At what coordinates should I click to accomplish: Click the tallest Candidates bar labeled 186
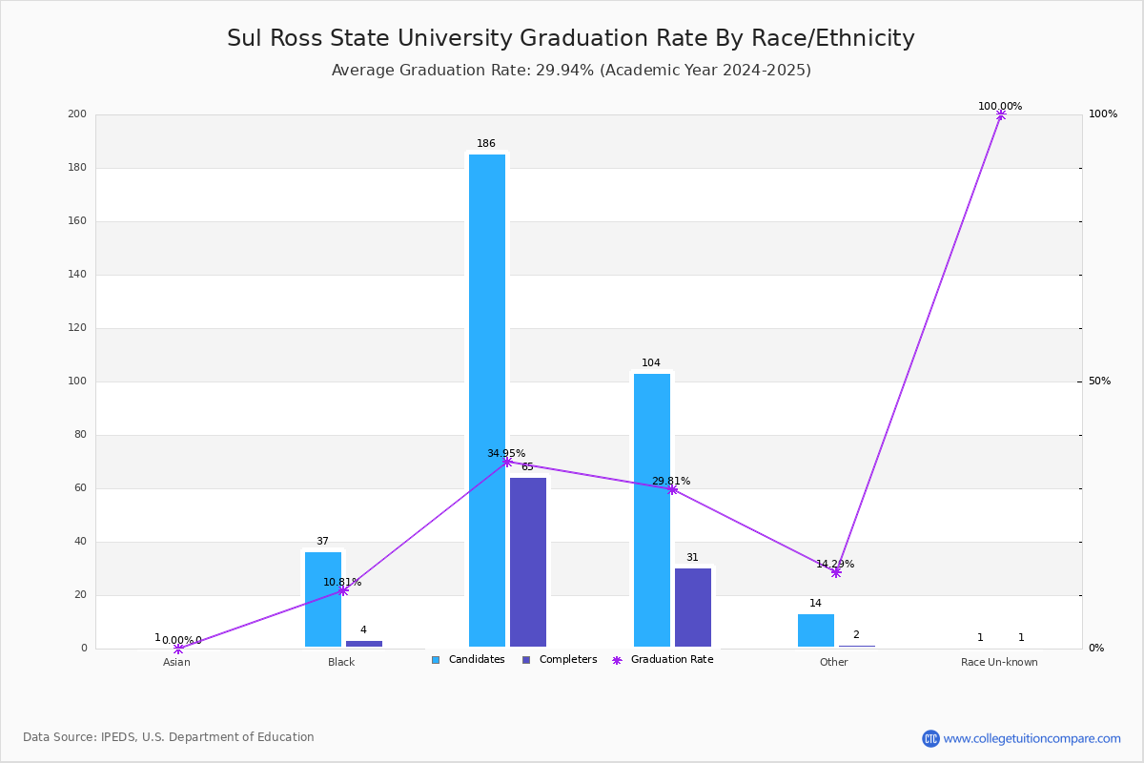(487, 401)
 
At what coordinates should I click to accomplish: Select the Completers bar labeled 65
(528, 562)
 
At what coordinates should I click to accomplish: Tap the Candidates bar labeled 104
(652, 510)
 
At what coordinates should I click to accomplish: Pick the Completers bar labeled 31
(693, 608)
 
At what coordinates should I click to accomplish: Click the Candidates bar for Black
(323, 599)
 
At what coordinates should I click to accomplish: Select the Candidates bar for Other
(816, 630)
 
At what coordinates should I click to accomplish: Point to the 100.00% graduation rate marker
(1001, 115)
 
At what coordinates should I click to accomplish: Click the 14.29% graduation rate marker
(836, 573)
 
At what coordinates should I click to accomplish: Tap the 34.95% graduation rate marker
(507, 462)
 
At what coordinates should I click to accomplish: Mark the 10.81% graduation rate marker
(343, 590)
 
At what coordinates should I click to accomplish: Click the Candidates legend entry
(468, 660)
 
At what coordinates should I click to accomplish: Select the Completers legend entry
(560, 660)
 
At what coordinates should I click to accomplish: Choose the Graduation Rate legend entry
(663, 660)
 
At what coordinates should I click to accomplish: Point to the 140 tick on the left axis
(77, 275)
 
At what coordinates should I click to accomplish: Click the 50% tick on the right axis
(1099, 381)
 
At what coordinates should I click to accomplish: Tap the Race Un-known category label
(999, 662)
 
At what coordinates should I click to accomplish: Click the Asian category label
(176, 662)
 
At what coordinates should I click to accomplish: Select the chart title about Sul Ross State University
(570, 38)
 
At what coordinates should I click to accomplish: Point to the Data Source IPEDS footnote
(169, 737)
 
